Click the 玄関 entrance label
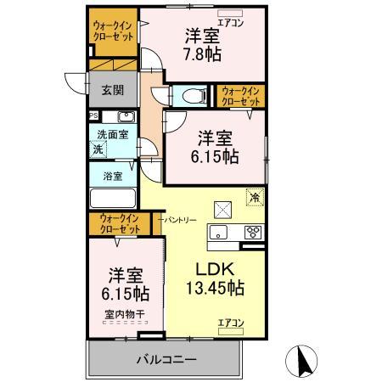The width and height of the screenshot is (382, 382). (x=113, y=88)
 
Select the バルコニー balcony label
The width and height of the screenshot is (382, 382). (x=166, y=358)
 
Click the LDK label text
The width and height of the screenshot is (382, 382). (x=215, y=269)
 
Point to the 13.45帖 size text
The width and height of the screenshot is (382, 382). (x=215, y=289)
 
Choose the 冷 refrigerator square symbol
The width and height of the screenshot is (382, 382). (x=254, y=197)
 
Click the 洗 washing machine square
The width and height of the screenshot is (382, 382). (x=98, y=149)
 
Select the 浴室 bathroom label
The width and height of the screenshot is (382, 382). (x=113, y=177)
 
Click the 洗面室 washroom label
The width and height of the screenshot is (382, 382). (x=111, y=134)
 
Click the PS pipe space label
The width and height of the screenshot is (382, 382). (x=93, y=115)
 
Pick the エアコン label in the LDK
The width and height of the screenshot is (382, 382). (x=230, y=323)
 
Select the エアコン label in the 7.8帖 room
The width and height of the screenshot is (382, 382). (x=232, y=23)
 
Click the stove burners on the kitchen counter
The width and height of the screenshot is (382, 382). (x=253, y=231)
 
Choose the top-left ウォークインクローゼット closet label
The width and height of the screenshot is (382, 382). (x=113, y=31)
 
